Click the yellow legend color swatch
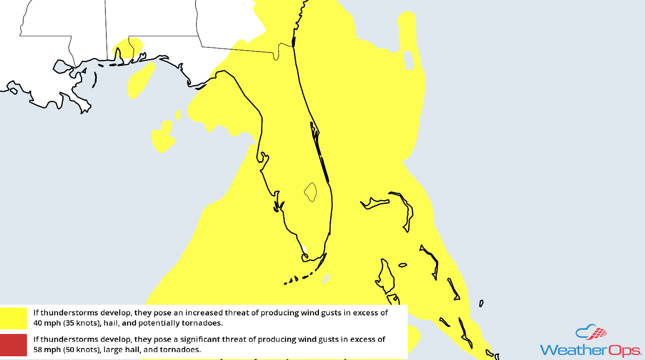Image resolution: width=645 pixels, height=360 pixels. (x=13, y=318)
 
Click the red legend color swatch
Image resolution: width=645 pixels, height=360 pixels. (x=13, y=344)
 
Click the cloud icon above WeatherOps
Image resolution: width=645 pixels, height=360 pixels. (x=591, y=332)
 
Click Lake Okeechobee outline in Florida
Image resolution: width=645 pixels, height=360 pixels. (x=311, y=191)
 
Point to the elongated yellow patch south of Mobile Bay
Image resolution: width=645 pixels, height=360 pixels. (x=141, y=80)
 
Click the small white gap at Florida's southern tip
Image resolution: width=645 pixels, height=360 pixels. (x=303, y=249)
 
